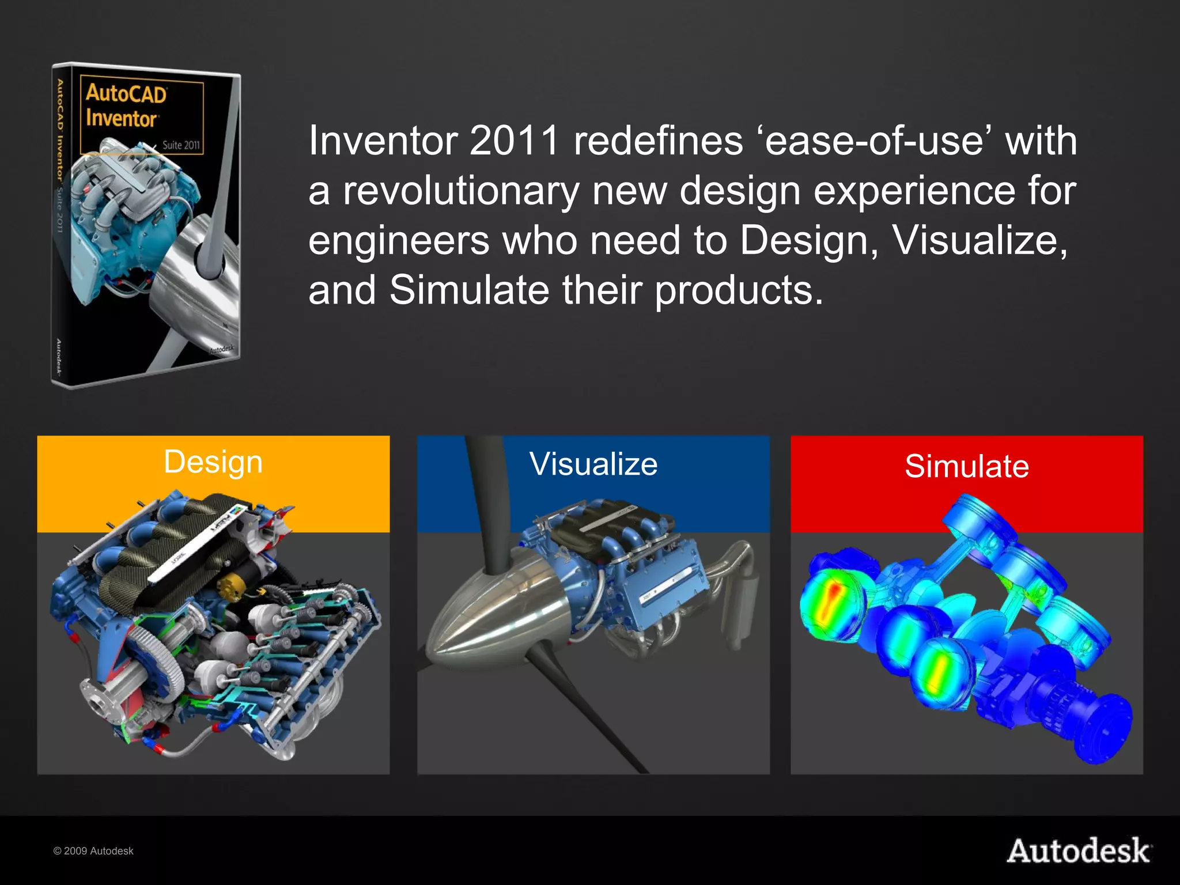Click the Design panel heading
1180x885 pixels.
pos(213,462)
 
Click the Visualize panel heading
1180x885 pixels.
pos(593,464)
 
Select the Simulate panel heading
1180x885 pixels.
pos(966,466)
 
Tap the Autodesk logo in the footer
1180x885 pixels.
pos(1079,851)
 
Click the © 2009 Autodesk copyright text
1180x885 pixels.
pos(93,851)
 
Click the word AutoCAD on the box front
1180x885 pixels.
pos(126,93)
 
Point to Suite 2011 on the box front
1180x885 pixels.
pos(181,145)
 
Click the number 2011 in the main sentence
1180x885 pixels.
pos(514,141)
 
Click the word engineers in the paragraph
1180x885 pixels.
pos(399,240)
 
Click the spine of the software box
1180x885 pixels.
pos(60,225)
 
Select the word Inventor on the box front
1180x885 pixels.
pos(121,119)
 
